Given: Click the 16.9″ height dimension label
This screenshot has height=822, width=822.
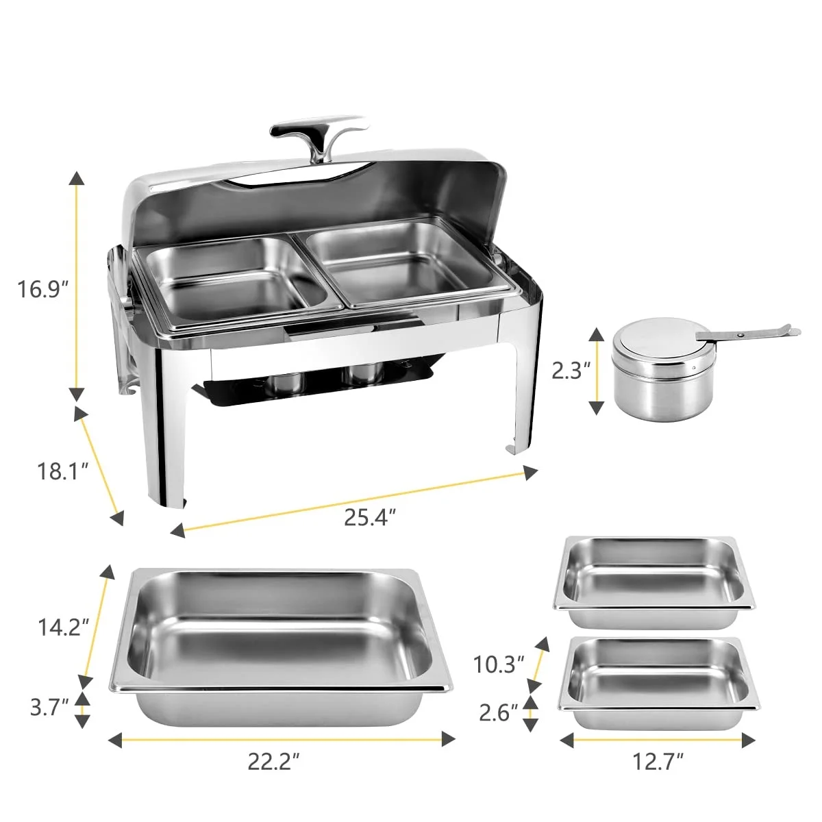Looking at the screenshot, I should click(43, 289).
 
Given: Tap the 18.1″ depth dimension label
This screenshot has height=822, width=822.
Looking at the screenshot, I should click(62, 471).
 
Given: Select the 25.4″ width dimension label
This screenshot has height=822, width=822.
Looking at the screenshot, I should click(371, 517).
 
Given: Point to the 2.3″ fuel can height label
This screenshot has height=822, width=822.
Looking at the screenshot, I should click(571, 371).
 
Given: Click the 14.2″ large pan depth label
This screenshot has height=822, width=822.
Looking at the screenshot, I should click(63, 627).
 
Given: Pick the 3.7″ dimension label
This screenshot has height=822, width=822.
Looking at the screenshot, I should click(49, 707).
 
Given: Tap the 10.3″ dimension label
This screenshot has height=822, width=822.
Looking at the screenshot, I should click(499, 664).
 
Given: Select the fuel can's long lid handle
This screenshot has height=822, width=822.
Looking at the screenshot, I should click(747, 334).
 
